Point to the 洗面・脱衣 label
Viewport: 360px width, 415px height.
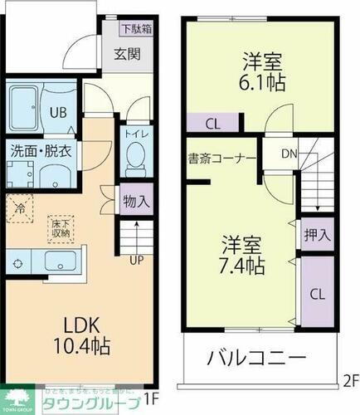point(41,152)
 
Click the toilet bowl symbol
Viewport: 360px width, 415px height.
point(135,155)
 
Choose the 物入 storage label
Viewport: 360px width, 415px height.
point(136,201)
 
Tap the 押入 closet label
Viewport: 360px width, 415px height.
point(315,235)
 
